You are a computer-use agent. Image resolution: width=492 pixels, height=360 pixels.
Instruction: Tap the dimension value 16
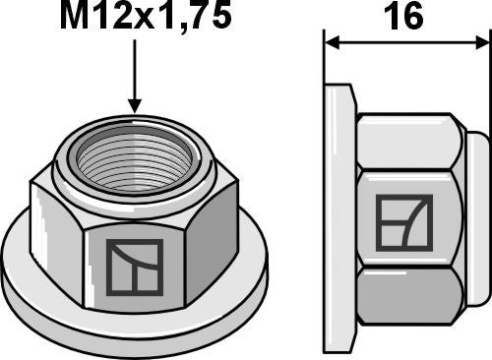click(405, 19)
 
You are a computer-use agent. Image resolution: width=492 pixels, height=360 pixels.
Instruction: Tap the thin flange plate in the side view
click(337, 216)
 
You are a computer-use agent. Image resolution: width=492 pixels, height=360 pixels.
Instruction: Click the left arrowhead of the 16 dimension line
click(333, 43)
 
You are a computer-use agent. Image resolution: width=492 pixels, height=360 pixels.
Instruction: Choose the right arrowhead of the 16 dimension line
click(481, 43)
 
